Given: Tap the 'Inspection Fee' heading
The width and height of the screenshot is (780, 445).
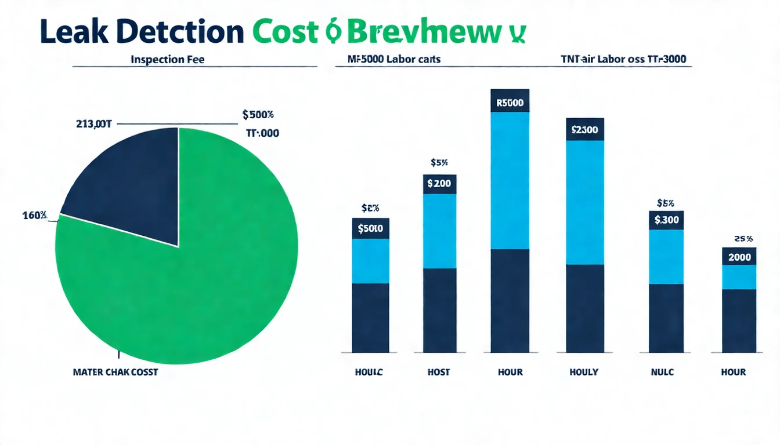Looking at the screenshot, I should [168, 59].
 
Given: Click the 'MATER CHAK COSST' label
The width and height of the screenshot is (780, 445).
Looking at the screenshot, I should [115, 372].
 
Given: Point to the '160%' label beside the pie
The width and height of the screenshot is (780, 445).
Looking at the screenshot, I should [35, 216].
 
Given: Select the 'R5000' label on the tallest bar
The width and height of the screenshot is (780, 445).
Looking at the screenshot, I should [510, 103].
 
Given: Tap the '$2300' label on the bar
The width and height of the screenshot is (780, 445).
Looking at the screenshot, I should [584, 130].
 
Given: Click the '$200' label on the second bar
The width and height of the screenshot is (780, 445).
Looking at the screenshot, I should [439, 184].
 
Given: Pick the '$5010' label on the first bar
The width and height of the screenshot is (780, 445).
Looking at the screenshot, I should [370, 228].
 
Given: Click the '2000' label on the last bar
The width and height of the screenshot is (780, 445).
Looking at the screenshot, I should [739, 257].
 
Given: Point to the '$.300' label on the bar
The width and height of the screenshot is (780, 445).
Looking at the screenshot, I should [666, 220].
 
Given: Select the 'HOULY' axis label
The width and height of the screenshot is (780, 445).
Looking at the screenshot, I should [584, 372].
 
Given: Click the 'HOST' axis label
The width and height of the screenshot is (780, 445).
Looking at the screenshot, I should [439, 372].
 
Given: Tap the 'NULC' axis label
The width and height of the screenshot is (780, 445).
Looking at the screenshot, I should [662, 372].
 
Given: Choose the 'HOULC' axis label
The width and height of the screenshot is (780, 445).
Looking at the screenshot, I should [369, 372].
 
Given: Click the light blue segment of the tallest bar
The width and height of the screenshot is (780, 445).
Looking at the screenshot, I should [510, 180].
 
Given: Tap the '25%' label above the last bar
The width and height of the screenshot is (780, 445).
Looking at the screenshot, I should [743, 238].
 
